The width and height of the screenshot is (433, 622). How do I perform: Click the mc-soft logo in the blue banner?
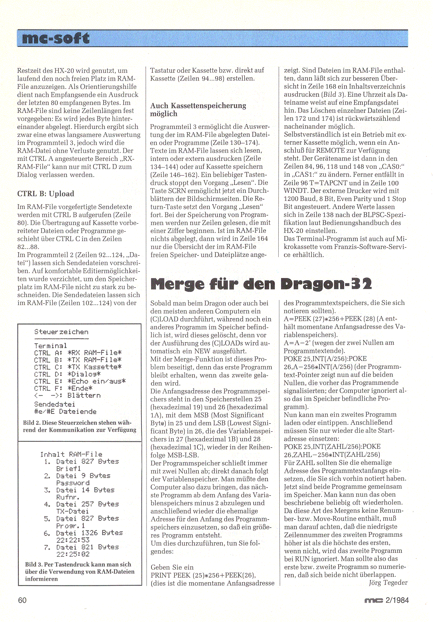pyautogui.click(x=56, y=38)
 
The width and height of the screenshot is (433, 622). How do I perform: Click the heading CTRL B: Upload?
pyautogui.click(x=45, y=194)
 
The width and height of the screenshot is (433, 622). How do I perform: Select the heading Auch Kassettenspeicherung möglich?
pyautogui.click(x=198, y=110)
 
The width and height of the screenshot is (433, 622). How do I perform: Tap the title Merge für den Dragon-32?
pyautogui.click(x=261, y=284)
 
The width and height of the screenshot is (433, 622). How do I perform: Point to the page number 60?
pyautogui.click(x=22, y=600)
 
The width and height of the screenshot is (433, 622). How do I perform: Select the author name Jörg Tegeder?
pyautogui.click(x=388, y=583)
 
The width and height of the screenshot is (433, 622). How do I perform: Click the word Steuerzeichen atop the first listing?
pyautogui.click(x=61, y=332)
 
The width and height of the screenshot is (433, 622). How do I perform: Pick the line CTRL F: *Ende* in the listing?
pyautogui.click(x=63, y=388)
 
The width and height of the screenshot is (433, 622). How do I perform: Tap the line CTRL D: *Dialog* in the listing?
pyautogui.click(x=67, y=374)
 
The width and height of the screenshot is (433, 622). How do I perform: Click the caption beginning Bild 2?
pyautogui.click(x=80, y=426)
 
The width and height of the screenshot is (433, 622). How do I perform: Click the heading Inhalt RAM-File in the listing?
pyautogui.click(x=71, y=454)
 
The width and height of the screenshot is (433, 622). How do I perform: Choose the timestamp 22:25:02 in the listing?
pyautogui.click(x=73, y=554)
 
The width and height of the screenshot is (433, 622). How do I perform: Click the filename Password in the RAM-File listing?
pyautogui.click(x=73, y=483)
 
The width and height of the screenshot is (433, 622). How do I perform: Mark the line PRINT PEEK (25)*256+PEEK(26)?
pyautogui.click(x=203, y=575)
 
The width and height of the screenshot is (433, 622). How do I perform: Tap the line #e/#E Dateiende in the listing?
pyautogui.click(x=65, y=412)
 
